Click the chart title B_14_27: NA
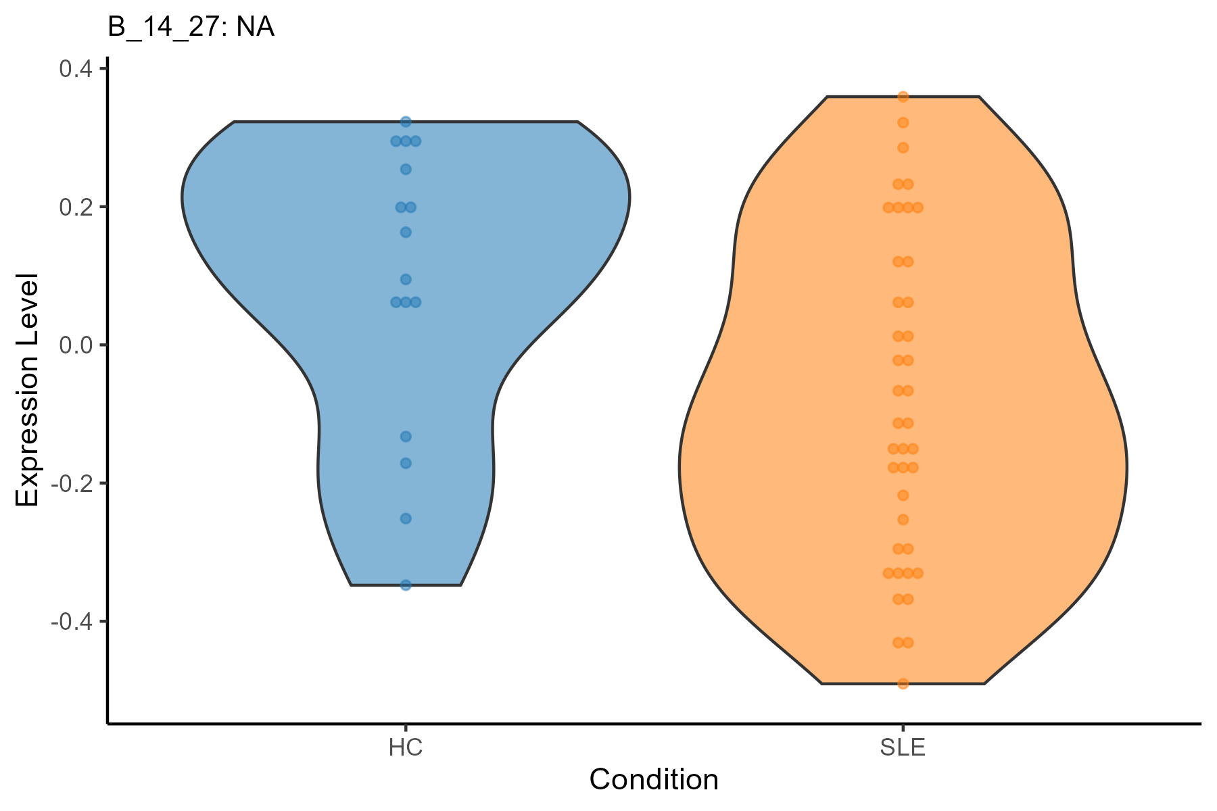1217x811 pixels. coord(191,28)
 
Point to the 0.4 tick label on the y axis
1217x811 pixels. coord(77,69)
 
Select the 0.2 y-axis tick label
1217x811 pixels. coord(77,207)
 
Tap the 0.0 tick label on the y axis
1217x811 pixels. coord(77,345)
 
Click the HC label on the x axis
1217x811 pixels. coord(406,748)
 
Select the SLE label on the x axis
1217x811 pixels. coord(903,748)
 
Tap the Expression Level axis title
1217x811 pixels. coord(28,390)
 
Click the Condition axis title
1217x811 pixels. coord(654,780)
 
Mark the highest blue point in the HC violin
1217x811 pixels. coord(406,122)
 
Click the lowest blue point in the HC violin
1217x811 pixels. coord(406,585)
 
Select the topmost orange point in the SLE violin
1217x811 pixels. coord(903,97)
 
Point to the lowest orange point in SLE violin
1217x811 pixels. coord(903,684)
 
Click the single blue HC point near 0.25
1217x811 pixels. coord(406,169)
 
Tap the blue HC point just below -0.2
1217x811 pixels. coord(406,518)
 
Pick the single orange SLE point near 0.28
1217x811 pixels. coord(903,148)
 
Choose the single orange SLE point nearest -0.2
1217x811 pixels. coord(903,495)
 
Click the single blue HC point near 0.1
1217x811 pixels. coord(406,279)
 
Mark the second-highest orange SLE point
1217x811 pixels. coord(903,123)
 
